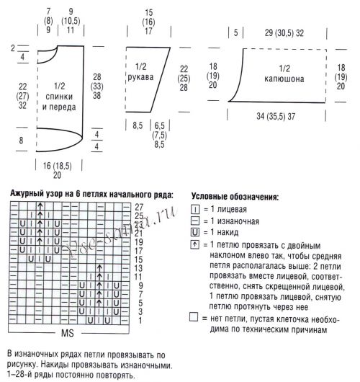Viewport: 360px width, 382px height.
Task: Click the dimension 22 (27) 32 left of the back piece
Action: pyautogui.click(x=24, y=94)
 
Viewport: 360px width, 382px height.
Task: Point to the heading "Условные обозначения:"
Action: pyautogui.click(x=235, y=196)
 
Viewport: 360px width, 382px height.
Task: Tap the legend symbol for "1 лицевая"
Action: pyautogui.click(x=195, y=209)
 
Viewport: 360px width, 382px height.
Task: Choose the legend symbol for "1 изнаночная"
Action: pyautogui.click(x=195, y=221)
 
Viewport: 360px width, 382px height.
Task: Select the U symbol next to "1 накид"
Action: pyautogui.click(x=195, y=234)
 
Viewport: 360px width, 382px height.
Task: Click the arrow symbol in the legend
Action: pyautogui.click(x=195, y=246)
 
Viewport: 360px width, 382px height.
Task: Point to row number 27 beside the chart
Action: pyautogui.click(x=138, y=207)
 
